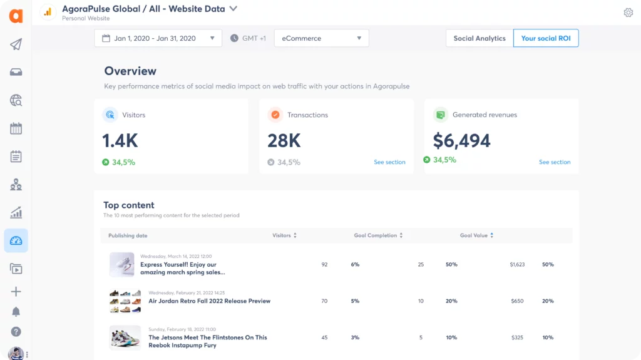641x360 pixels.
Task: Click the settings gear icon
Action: (x=628, y=13)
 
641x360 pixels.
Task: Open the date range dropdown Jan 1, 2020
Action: (x=158, y=38)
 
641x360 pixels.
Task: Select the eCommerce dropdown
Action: (x=321, y=38)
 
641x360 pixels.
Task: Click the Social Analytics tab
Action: (x=479, y=38)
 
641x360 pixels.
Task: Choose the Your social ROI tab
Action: (x=545, y=38)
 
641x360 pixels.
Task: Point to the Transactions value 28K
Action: (x=285, y=141)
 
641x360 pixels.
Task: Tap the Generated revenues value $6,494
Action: (x=461, y=141)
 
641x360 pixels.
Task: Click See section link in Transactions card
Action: (x=389, y=162)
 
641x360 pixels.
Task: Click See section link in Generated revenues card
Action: (x=555, y=162)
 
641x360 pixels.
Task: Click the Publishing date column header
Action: (x=128, y=235)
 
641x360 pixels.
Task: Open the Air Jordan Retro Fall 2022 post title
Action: (x=209, y=301)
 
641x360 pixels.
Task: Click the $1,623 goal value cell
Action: (x=517, y=265)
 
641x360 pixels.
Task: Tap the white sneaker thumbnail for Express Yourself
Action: (x=121, y=265)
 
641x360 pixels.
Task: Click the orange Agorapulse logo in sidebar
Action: (x=16, y=16)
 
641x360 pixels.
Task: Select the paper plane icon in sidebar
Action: (x=16, y=44)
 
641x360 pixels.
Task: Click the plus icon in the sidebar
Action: (x=16, y=292)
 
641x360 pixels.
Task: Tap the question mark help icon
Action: (x=16, y=332)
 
